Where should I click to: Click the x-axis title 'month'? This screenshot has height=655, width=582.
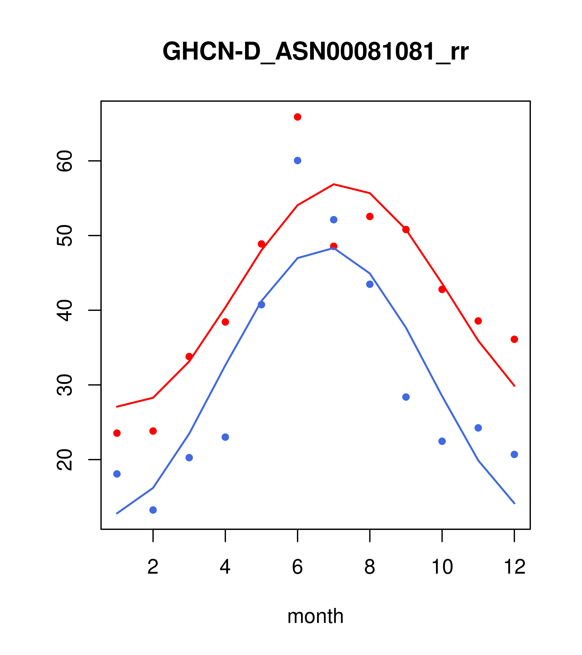315,616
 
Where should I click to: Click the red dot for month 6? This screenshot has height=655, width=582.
298,117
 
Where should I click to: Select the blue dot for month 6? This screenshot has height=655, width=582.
298,160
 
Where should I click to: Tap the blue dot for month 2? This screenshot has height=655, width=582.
153,510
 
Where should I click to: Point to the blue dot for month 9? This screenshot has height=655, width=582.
406,397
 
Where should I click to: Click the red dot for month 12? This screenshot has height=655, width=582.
514,339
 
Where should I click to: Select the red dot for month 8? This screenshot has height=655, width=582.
370,217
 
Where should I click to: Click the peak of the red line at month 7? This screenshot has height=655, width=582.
334,184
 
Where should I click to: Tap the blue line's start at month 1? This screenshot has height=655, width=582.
117,513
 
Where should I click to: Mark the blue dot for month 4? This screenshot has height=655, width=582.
225,437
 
